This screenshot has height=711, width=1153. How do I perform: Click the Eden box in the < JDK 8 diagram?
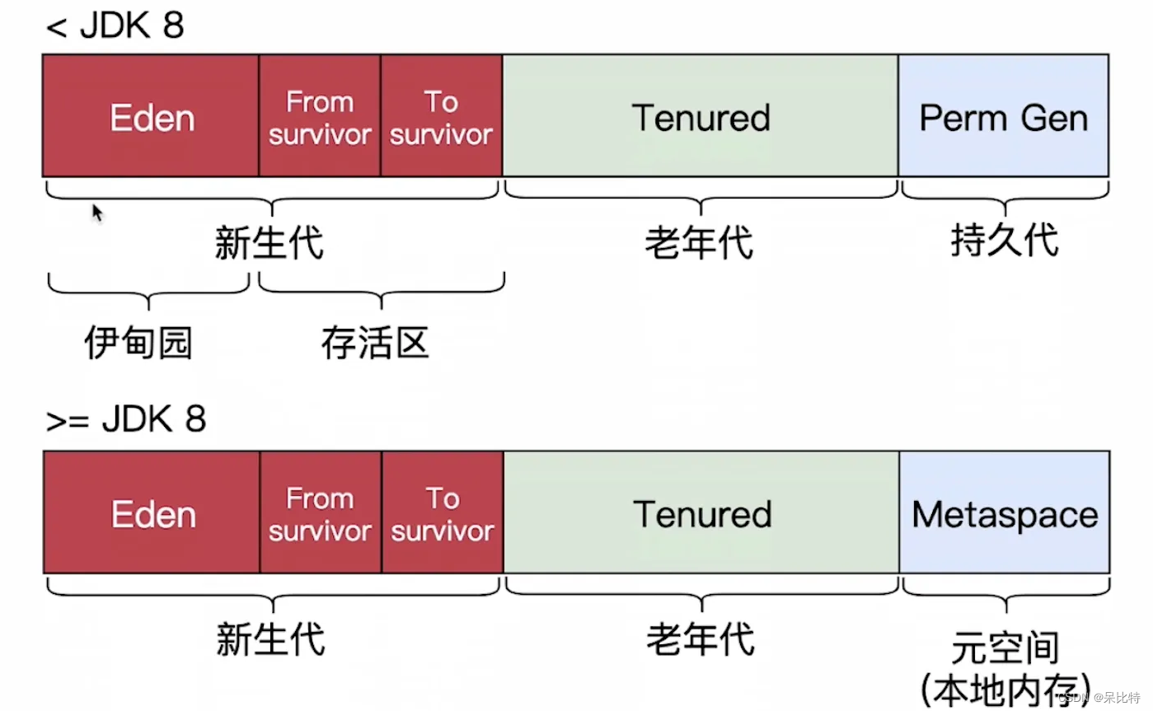pos(151,116)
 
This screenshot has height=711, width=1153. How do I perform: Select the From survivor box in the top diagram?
pos(319,116)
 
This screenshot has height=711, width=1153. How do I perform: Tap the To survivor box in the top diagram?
pos(441,116)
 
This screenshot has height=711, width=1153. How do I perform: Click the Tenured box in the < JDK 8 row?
pos(701,116)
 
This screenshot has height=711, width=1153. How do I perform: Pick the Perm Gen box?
pos(1003,116)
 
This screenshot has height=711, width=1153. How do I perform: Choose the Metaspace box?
pos(1004,513)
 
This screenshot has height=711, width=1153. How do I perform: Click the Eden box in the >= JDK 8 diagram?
pos(152,513)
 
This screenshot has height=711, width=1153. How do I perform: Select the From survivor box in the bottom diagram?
pos(320,513)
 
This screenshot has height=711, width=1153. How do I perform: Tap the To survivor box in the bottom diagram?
pos(442,513)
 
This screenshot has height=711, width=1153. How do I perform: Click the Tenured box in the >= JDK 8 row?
pos(701,513)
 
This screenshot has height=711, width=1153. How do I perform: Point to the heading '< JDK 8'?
pos(115,26)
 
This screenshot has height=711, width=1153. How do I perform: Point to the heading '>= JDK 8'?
pos(125,420)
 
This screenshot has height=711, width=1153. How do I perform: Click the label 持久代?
pos(1004,241)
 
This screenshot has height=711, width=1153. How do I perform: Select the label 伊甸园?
pos(138,344)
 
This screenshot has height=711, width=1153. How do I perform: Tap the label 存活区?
pos(375,344)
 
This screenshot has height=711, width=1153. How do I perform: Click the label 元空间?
pos(1005,647)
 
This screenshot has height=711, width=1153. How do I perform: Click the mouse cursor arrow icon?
pos(97,213)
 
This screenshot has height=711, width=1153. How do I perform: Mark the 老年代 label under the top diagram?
pos(699,243)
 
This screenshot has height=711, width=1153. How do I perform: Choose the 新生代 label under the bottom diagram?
pos(270,639)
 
